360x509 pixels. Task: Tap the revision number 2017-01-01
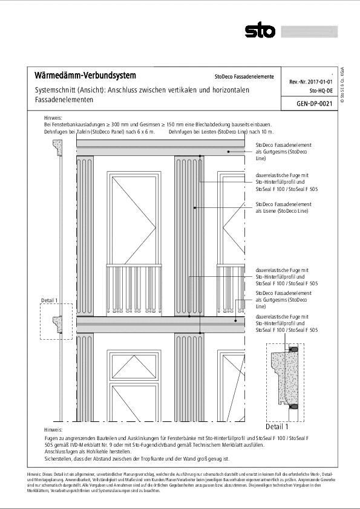point(321,81)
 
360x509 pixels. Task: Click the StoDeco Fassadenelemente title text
point(244,77)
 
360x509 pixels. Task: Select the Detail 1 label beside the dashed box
point(49,300)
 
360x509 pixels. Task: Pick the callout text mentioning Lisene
point(282,208)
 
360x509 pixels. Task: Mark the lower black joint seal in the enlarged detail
point(293,407)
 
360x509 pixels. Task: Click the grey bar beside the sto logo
point(309,30)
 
